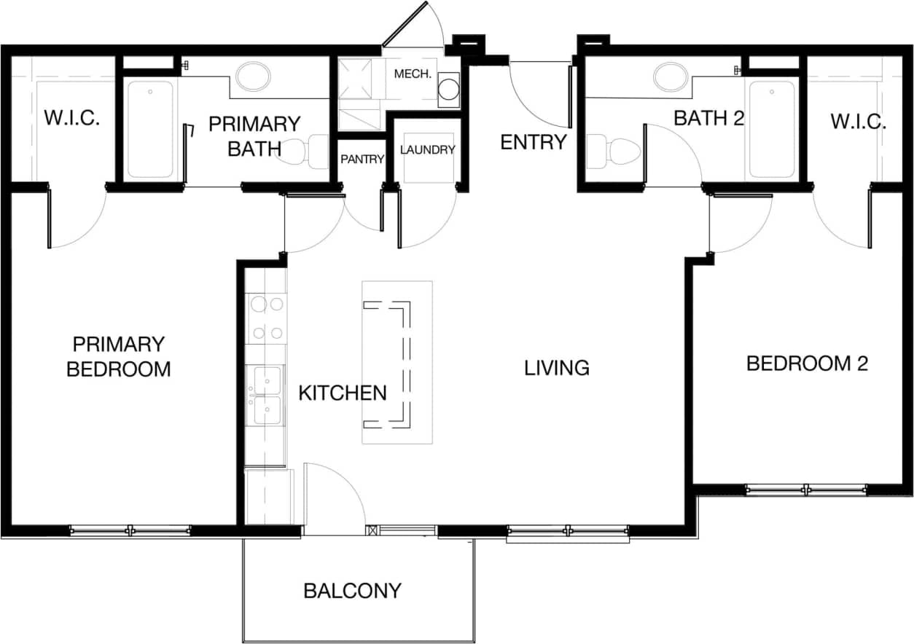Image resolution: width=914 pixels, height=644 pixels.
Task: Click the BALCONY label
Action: tap(352, 590)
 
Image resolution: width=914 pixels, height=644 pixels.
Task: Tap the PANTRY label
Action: tap(362, 159)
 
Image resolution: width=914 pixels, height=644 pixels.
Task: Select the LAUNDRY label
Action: tap(427, 149)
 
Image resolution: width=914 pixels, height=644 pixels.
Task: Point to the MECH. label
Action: tap(413, 74)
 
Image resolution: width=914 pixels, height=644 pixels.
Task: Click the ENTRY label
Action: tap(533, 142)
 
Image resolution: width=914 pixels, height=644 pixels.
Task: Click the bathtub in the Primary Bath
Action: tap(150, 130)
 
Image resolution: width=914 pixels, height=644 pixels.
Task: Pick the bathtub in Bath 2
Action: tap(772, 130)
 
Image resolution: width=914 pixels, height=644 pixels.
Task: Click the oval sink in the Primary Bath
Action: tap(253, 76)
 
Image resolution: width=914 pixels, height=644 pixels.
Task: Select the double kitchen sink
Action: tap(266, 396)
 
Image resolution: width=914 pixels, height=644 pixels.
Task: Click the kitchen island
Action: tap(397, 363)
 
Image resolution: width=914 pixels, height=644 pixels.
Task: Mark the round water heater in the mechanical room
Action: tap(448, 90)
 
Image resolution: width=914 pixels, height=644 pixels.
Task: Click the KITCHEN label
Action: tap(343, 393)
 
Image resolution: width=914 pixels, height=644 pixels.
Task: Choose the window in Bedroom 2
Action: tap(806, 490)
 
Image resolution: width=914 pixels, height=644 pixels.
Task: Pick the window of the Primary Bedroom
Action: tap(130, 531)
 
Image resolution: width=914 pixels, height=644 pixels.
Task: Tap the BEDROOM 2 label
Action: tap(807, 364)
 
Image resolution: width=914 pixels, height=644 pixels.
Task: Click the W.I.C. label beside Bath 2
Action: tap(858, 122)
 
